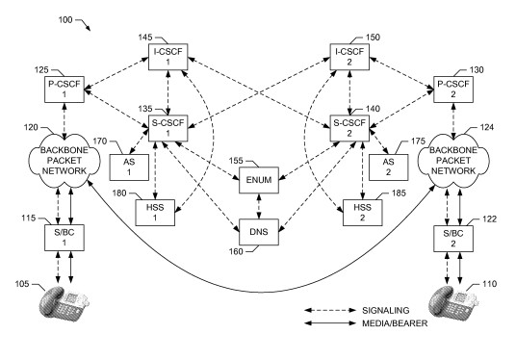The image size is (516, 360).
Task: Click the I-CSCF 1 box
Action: (x=168, y=57)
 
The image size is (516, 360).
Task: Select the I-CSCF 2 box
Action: (x=349, y=57)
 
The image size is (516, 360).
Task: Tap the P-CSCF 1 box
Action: (x=64, y=90)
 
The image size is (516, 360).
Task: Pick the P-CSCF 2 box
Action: (x=453, y=90)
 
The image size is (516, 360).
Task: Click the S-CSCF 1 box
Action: (x=168, y=128)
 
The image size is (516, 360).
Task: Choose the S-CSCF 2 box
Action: (x=349, y=128)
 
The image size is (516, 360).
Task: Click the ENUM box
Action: (x=259, y=180)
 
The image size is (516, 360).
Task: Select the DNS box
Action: (x=259, y=232)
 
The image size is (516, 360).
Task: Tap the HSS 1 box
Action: (x=155, y=213)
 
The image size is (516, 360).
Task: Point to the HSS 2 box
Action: (x=363, y=213)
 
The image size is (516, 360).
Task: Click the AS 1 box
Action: (x=129, y=167)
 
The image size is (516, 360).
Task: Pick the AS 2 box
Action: (x=388, y=167)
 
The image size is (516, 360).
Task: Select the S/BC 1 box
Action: (x=64, y=238)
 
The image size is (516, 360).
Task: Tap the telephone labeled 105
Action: (x=64, y=304)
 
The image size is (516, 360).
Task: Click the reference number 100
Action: (x=65, y=20)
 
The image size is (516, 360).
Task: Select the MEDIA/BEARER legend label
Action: (x=395, y=323)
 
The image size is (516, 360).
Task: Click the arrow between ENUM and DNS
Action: (x=259, y=206)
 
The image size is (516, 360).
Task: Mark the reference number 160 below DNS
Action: (x=236, y=252)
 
